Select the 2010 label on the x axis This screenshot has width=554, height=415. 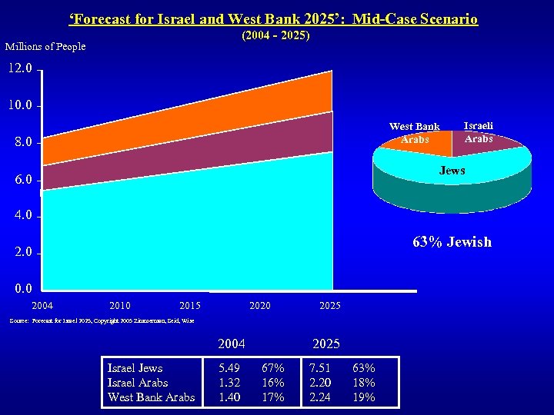click(121, 306)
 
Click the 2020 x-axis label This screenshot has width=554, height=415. click(260, 306)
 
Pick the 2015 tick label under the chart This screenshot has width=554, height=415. click(189, 306)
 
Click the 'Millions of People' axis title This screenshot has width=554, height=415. click(45, 47)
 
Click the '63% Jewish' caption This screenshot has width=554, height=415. click(452, 242)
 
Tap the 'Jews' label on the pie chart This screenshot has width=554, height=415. click(452, 171)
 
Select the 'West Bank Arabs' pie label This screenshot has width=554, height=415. click(414, 133)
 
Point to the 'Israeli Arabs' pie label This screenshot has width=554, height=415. click(479, 132)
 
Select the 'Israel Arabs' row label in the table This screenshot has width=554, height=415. click(139, 383)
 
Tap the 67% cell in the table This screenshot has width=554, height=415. click(273, 368)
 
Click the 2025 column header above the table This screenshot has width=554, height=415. click(325, 343)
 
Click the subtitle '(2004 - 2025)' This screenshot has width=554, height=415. click(275, 36)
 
